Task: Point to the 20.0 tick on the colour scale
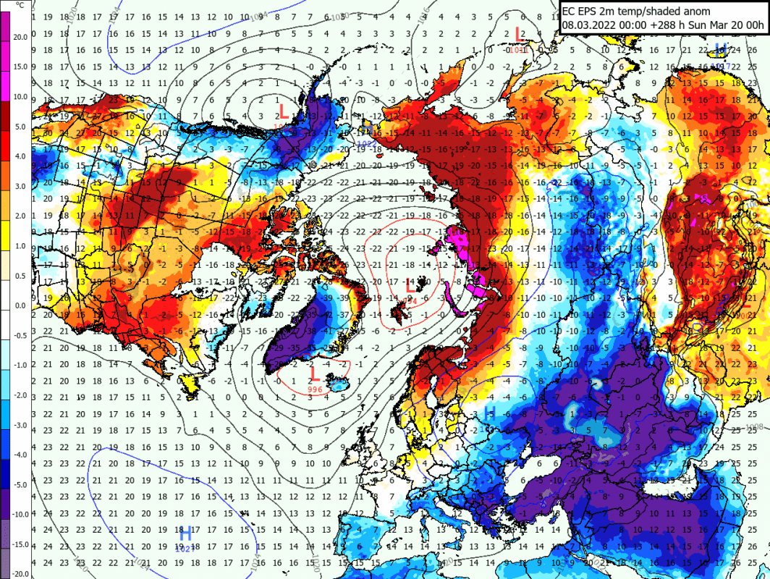(20, 38)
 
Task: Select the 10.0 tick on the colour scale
(20, 97)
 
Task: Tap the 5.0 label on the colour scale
(20, 127)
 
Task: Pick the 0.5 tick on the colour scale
(20, 276)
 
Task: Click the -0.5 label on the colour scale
(20, 335)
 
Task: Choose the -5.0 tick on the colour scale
(20, 483)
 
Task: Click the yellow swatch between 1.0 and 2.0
(5, 231)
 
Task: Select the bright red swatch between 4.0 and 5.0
(5, 141)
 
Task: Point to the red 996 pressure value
(314, 389)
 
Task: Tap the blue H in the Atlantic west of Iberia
(185, 534)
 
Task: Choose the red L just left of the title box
(518, 33)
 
